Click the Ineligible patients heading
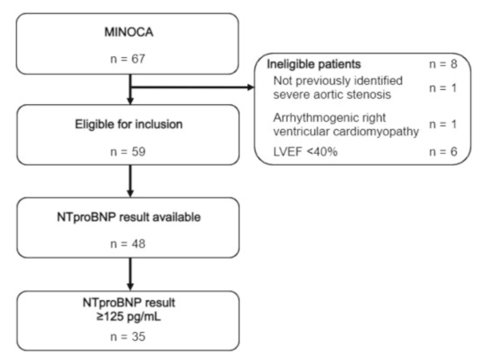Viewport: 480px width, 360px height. coord(314,64)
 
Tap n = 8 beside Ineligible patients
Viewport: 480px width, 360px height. coord(442,64)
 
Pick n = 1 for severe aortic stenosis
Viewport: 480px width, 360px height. coord(442,88)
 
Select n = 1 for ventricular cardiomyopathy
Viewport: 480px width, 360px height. coord(442,125)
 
